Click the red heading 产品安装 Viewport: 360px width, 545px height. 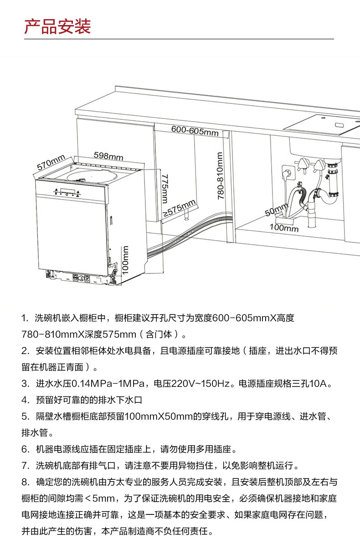tap(57, 27)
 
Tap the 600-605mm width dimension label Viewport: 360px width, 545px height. tap(195, 130)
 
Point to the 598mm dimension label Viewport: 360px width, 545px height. tap(108, 156)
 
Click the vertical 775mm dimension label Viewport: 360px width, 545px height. tap(165, 188)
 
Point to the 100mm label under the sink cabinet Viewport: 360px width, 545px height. tap(284, 227)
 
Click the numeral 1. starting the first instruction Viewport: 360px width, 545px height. tap(25, 318)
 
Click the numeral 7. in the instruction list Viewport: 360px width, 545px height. tap(25, 465)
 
